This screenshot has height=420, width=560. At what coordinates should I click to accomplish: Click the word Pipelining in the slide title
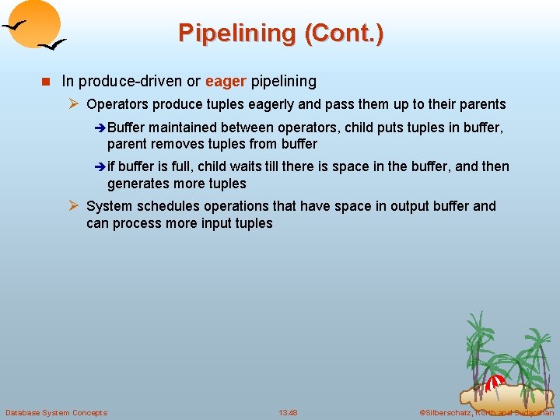(x=236, y=33)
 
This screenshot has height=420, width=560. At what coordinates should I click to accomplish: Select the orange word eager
(x=226, y=81)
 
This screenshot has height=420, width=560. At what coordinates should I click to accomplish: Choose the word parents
(x=482, y=104)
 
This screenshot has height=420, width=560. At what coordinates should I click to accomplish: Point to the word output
(x=402, y=206)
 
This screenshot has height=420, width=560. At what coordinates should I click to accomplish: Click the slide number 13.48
(x=288, y=412)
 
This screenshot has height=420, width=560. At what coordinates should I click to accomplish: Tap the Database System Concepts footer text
(x=56, y=412)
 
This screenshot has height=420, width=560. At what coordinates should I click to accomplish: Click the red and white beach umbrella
(x=495, y=382)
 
